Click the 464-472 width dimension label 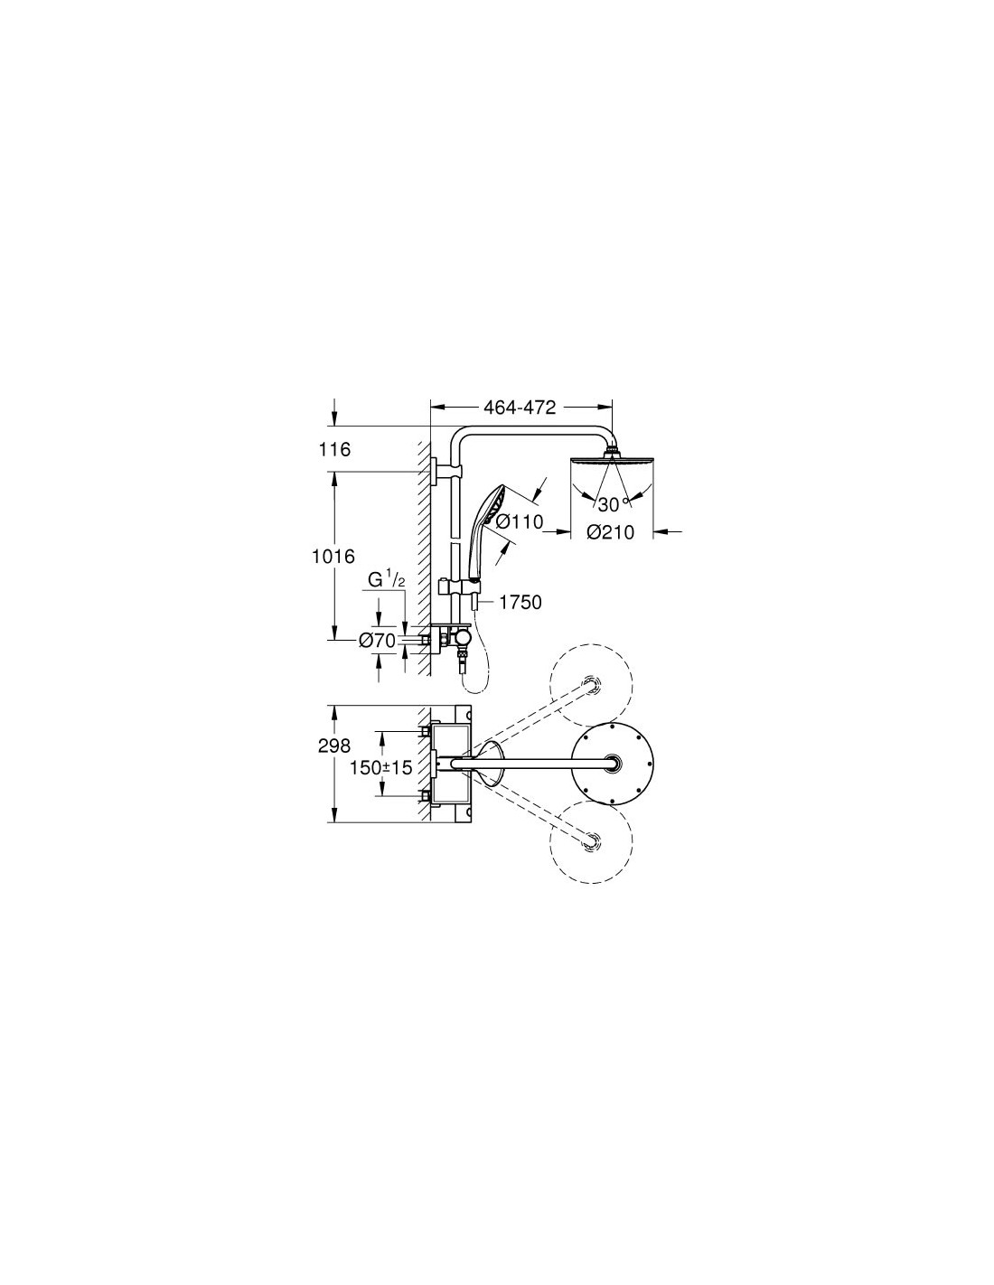520,408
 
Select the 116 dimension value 334,449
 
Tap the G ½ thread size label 386,580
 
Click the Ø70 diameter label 377,640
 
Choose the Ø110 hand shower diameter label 520,521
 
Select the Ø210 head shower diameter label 610,533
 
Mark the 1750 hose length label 520,603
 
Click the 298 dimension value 334,746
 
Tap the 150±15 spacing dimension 380,767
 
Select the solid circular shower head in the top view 613,764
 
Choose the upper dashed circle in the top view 591,685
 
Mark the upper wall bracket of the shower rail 446,472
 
